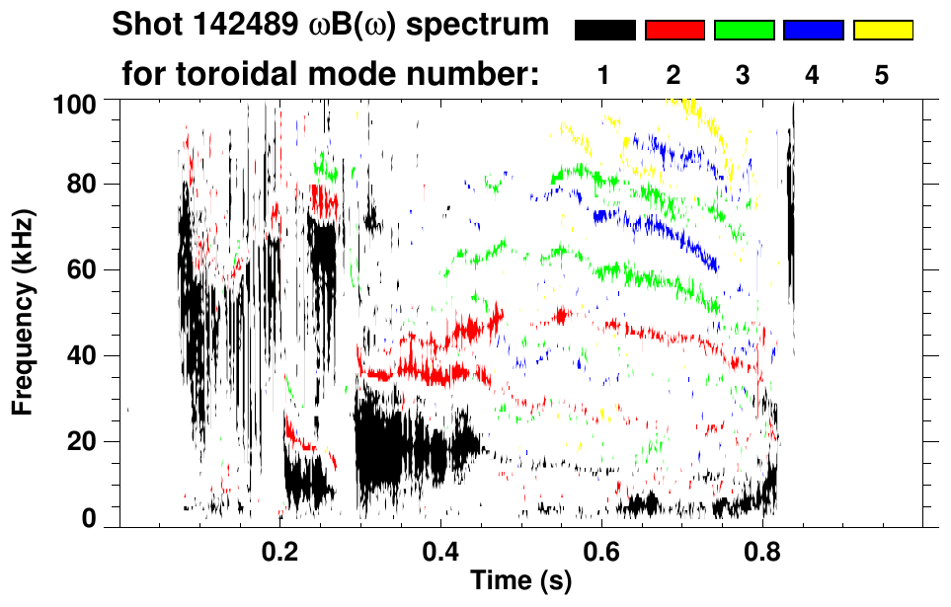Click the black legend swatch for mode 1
(x=604, y=31)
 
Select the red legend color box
(x=674, y=31)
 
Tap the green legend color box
(x=744, y=31)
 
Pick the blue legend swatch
(x=813, y=31)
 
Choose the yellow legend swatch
(x=883, y=31)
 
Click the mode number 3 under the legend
(x=743, y=76)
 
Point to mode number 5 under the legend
(x=882, y=76)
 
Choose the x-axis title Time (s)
(x=519, y=581)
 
